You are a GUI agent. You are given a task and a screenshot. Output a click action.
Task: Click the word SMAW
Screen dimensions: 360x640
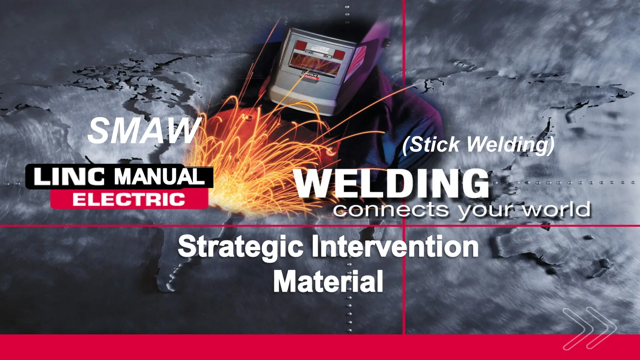tap(143, 131)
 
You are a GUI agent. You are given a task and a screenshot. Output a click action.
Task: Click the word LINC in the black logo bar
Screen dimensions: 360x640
tap(69, 177)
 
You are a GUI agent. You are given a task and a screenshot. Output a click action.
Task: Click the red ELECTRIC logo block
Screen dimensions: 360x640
tap(129, 199)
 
